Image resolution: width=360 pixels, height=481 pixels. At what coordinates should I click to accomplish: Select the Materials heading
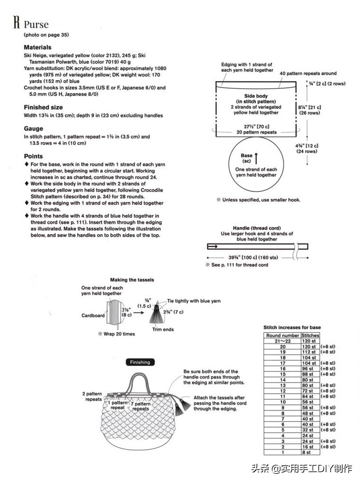tap(38, 48)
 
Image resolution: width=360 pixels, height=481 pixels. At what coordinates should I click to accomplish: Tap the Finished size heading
tap(43, 108)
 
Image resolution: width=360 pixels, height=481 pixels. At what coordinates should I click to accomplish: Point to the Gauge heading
tap(33, 129)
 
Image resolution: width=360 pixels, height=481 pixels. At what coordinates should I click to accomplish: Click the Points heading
tap(33, 157)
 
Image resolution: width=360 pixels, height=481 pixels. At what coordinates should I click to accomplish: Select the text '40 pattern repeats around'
tap(308, 73)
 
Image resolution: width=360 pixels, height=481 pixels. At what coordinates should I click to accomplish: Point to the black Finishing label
tap(140, 362)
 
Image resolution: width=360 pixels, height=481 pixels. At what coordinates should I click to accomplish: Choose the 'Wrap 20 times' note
tap(119, 334)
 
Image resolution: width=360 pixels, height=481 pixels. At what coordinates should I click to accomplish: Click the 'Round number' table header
tap(283, 335)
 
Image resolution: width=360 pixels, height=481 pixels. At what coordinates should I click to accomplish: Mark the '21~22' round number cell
tap(283, 341)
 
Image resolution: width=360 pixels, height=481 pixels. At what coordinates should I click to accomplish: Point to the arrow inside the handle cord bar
tap(213, 247)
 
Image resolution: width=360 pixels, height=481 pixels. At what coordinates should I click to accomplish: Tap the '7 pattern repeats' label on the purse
tap(141, 406)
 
